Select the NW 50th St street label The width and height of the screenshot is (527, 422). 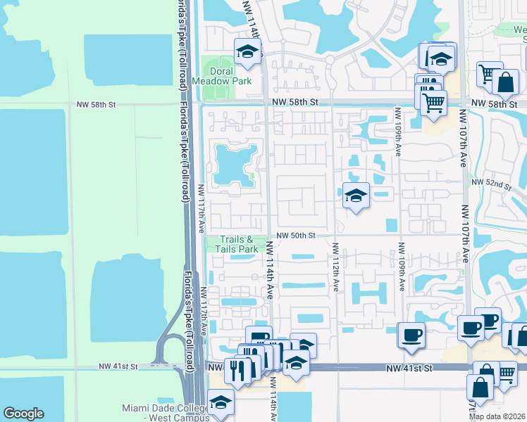point(294,236)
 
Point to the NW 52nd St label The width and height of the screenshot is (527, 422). point(497,184)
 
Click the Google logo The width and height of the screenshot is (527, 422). point(23,414)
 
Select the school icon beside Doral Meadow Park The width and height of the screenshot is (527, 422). point(247,52)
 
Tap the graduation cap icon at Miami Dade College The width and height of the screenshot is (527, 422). point(221,403)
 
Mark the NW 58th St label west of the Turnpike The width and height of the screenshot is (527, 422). point(96,104)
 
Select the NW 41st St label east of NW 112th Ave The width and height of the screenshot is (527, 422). point(407,368)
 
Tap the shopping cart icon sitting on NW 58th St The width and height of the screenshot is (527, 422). point(433,103)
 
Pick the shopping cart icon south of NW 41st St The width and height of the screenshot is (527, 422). point(506,373)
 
